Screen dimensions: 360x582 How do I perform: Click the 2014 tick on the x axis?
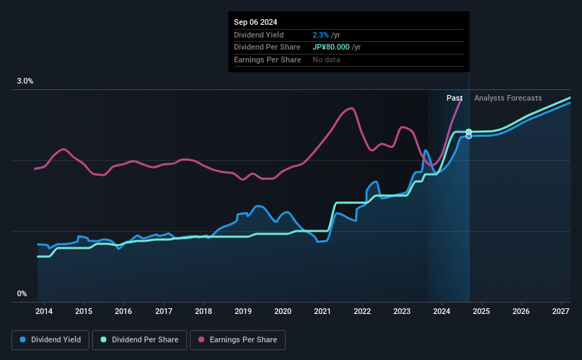44,311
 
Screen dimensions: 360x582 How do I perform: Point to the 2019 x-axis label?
243,311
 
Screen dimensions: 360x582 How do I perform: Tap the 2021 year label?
323,311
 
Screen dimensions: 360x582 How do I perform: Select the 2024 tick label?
442,311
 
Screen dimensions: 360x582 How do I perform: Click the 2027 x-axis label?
561,311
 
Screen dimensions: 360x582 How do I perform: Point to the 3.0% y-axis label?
26,81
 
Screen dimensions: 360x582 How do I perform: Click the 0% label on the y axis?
22,293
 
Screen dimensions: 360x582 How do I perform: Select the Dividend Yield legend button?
50,340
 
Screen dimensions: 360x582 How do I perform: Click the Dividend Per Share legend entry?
145,340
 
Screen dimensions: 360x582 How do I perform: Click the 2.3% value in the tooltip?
320,35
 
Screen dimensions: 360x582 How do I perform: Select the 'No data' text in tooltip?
326,60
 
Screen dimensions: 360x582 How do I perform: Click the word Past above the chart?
454,98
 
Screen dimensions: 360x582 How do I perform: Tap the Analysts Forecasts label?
508,98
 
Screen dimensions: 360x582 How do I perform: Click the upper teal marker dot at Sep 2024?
469,132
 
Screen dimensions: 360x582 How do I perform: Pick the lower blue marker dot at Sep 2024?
469,136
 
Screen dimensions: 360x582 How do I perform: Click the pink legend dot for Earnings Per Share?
201,340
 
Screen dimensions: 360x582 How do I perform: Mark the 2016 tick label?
123,311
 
